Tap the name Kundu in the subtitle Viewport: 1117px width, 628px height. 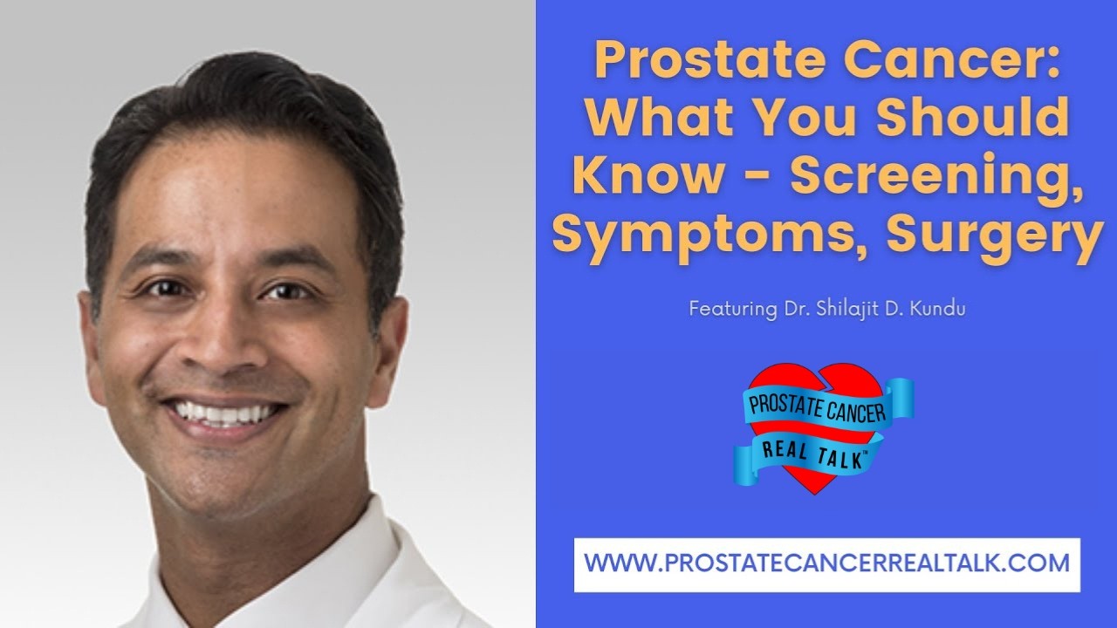[x=940, y=309]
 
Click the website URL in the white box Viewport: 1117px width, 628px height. [x=826, y=563]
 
